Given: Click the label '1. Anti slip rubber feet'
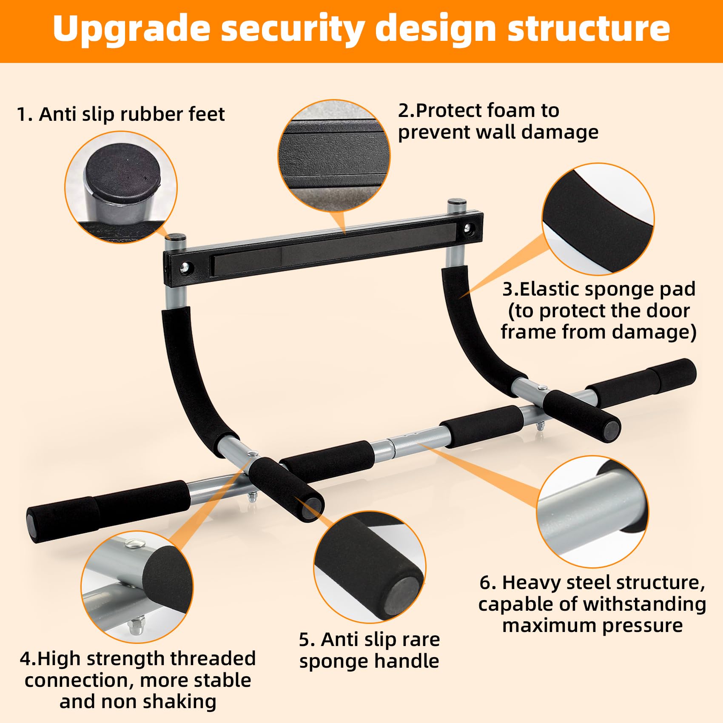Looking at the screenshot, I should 121,114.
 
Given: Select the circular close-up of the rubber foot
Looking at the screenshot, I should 121,187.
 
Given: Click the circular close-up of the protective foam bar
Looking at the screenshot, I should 334,156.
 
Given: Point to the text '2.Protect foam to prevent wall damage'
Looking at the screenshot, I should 498,121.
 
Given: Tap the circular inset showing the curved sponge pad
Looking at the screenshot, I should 598,219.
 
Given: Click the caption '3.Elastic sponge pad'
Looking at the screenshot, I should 598,289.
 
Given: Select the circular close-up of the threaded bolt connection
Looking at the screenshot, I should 137,587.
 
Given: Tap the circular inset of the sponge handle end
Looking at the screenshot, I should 369,567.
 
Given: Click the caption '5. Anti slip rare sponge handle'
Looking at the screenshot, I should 369,650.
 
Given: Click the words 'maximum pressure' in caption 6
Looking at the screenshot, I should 592,626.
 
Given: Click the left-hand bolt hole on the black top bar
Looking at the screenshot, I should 185,268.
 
